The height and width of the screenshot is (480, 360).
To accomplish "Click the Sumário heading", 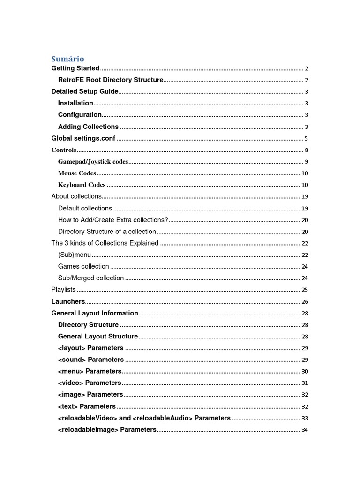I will click(x=67, y=59).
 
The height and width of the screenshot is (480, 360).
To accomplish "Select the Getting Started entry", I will click(x=75, y=68).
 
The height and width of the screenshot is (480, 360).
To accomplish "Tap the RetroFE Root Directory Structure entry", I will click(x=111, y=80).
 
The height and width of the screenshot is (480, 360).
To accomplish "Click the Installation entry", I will click(x=75, y=103).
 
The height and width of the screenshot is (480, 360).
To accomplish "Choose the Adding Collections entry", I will click(x=88, y=127).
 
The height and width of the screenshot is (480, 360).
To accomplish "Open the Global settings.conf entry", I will click(x=83, y=138).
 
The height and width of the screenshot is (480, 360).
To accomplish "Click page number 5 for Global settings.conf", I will click(x=306, y=139).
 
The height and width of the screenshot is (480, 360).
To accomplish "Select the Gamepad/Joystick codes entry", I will click(x=93, y=162).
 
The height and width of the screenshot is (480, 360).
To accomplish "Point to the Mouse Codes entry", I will click(x=77, y=173).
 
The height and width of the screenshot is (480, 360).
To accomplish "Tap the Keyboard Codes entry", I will click(x=82, y=185).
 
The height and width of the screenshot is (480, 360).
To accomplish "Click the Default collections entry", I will click(x=85, y=208).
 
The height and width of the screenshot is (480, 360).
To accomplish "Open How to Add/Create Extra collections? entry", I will click(x=113, y=220).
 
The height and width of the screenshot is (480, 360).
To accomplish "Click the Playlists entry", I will click(x=63, y=290).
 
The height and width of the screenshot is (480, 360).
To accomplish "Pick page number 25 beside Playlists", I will click(x=305, y=290).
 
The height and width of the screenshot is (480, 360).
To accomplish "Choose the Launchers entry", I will click(x=68, y=301).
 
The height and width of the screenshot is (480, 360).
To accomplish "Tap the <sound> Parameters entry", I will click(x=91, y=360).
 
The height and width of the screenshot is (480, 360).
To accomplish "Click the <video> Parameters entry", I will click(x=90, y=383).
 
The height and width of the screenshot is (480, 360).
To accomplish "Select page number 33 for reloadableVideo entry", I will click(x=305, y=418).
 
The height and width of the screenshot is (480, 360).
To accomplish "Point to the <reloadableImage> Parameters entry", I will click(x=107, y=429).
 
